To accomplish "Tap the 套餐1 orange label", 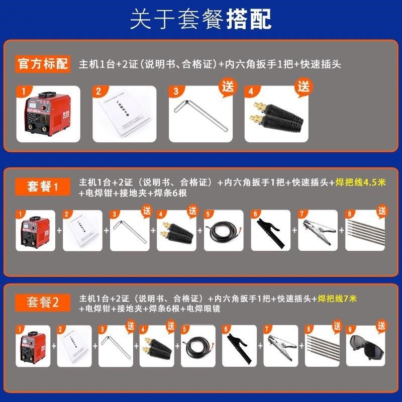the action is (42, 187).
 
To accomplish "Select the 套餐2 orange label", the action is (42, 303).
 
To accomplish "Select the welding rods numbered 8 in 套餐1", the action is (363, 233).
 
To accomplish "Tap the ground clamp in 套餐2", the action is (282, 347).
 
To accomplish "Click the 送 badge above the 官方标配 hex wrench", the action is (228, 85).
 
